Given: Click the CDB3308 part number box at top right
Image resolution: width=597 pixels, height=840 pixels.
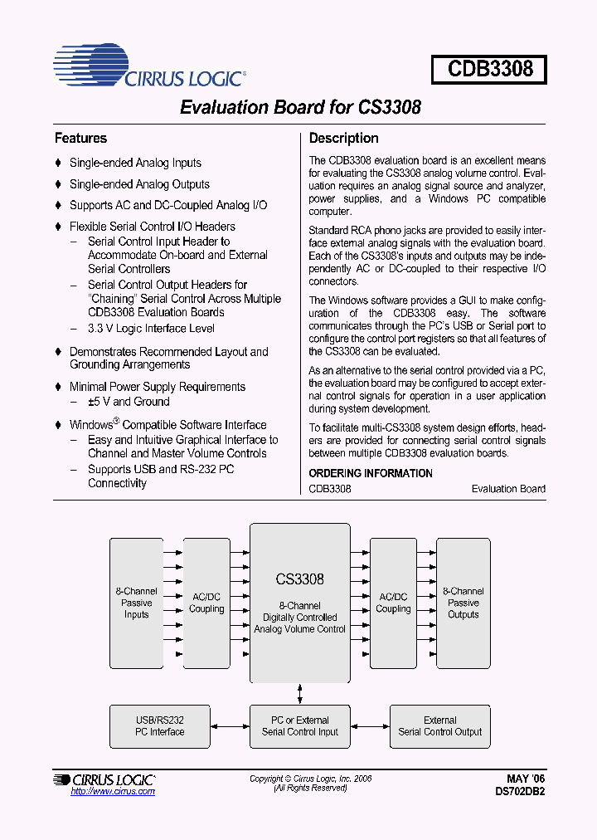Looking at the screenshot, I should click(x=489, y=68).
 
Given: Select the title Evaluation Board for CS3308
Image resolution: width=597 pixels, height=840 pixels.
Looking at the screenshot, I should click(x=300, y=108).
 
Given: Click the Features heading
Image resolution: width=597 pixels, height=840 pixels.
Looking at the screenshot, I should click(x=80, y=139).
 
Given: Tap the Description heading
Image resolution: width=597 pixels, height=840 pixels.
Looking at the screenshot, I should click(x=343, y=139).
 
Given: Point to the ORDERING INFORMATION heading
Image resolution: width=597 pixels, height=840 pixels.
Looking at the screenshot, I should click(x=371, y=473).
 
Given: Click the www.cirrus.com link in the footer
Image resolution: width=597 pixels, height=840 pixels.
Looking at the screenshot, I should click(x=113, y=792).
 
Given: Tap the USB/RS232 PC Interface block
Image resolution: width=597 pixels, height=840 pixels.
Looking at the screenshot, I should click(x=160, y=726).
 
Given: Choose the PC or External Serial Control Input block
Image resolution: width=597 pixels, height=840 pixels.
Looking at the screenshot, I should click(x=300, y=726).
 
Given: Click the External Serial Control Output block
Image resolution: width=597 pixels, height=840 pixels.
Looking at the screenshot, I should click(x=439, y=726).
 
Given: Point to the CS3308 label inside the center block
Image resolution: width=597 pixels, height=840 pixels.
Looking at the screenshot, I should click(x=299, y=579).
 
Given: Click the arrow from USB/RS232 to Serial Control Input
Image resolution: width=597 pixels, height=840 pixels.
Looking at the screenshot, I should click(x=230, y=726).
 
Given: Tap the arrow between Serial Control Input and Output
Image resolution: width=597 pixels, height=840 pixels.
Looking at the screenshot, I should click(x=370, y=726).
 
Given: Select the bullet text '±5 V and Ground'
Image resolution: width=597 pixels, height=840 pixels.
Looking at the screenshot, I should click(x=129, y=402).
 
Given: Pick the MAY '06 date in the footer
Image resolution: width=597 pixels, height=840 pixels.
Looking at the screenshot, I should click(x=526, y=779).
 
